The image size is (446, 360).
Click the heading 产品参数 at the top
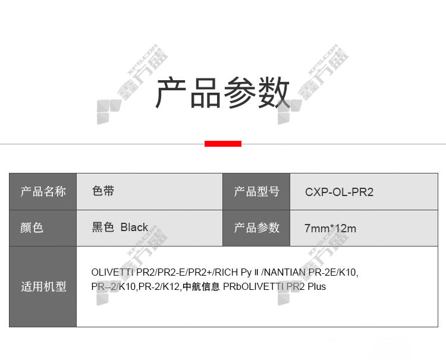pos(223,92)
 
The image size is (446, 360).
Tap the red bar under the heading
pos(223,144)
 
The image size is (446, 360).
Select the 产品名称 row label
pos(43,191)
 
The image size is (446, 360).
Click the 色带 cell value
pos(103,191)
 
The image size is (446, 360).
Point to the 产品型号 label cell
pos(256,191)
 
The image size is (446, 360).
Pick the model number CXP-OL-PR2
pos(339,192)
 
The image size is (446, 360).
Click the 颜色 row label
pos(32,228)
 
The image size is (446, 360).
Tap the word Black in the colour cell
pos(134,228)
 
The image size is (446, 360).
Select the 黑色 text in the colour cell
pos(103,228)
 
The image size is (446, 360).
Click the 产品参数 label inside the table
pos(256,228)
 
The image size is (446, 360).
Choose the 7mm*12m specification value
pos(330,229)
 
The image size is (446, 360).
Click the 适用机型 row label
pos(43,286)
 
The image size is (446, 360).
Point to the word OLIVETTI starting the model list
pos(112,272)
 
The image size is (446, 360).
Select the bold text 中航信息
pos(201,286)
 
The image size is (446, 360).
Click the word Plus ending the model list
pos(317,286)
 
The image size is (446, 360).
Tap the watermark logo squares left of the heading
pos(109,112)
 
